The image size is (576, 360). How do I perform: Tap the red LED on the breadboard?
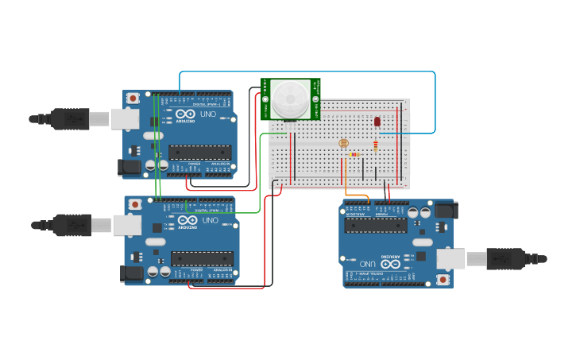pyautogui.click(x=377, y=122)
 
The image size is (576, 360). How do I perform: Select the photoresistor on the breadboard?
pyautogui.click(x=343, y=143)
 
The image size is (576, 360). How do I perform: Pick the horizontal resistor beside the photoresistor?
pyautogui.click(x=355, y=154)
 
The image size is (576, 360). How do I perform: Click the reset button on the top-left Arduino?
pyautogui.click(x=133, y=98)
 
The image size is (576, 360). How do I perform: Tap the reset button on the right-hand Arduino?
pyautogui.click(x=443, y=280)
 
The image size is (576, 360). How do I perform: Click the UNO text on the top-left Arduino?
pyautogui.click(x=207, y=114)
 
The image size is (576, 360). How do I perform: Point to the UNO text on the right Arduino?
pyautogui.click(x=367, y=264)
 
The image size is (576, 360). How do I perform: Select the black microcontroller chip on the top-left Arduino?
pyautogui.click(x=199, y=152)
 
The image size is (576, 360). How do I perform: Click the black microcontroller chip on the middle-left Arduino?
pyautogui.click(x=202, y=258)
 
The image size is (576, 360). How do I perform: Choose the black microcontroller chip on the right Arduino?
pyautogui.click(x=377, y=226)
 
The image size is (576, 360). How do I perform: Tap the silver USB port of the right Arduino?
pyautogui.click(x=451, y=257)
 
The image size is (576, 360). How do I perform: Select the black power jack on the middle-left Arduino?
pyautogui.click(x=130, y=273)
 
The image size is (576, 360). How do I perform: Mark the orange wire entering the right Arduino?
pyautogui.click(x=357, y=195)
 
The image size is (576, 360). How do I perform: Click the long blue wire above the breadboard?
pyautogui.click(x=310, y=72)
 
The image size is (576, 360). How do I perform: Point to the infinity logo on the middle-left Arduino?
pyautogui.click(x=187, y=220)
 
